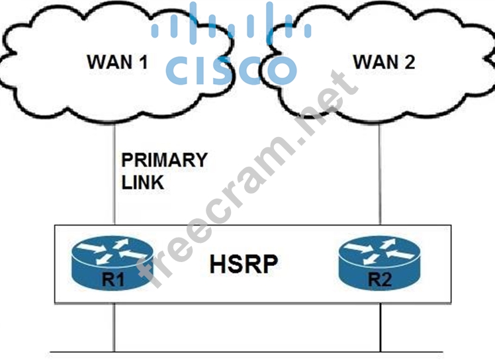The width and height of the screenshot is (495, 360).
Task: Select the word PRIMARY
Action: click(x=165, y=160)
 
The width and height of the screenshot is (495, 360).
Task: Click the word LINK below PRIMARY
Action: click(x=142, y=182)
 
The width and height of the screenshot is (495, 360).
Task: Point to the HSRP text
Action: click(x=244, y=264)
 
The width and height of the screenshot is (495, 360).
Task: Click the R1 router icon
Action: click(x=112, y=262)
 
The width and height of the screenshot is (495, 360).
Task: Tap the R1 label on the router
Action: click(x=112, y=278)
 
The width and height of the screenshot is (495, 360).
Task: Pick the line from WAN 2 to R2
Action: click(x=381, y=172)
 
